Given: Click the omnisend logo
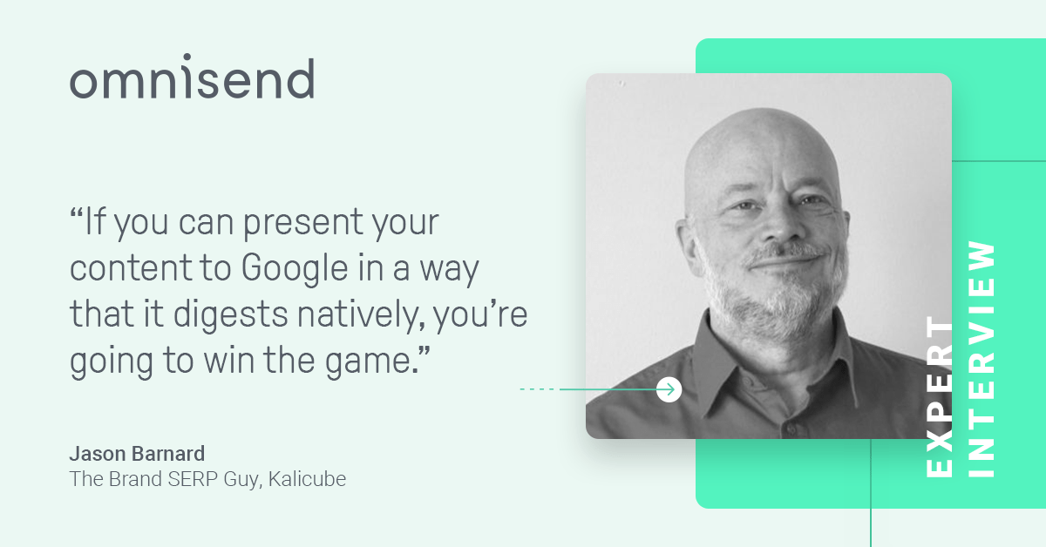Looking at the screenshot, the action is (192, 76).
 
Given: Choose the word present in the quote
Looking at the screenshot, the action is (302, 223).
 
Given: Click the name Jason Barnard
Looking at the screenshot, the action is (138, 454).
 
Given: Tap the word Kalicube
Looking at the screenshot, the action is (307, 479).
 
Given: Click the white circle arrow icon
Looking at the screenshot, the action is (669, 389).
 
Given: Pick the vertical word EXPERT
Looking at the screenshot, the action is (940, 396).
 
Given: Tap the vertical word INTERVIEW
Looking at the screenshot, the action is (981, 359).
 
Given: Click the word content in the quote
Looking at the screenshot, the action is (131, 269).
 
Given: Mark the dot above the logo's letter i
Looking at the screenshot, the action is (187, 57).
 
